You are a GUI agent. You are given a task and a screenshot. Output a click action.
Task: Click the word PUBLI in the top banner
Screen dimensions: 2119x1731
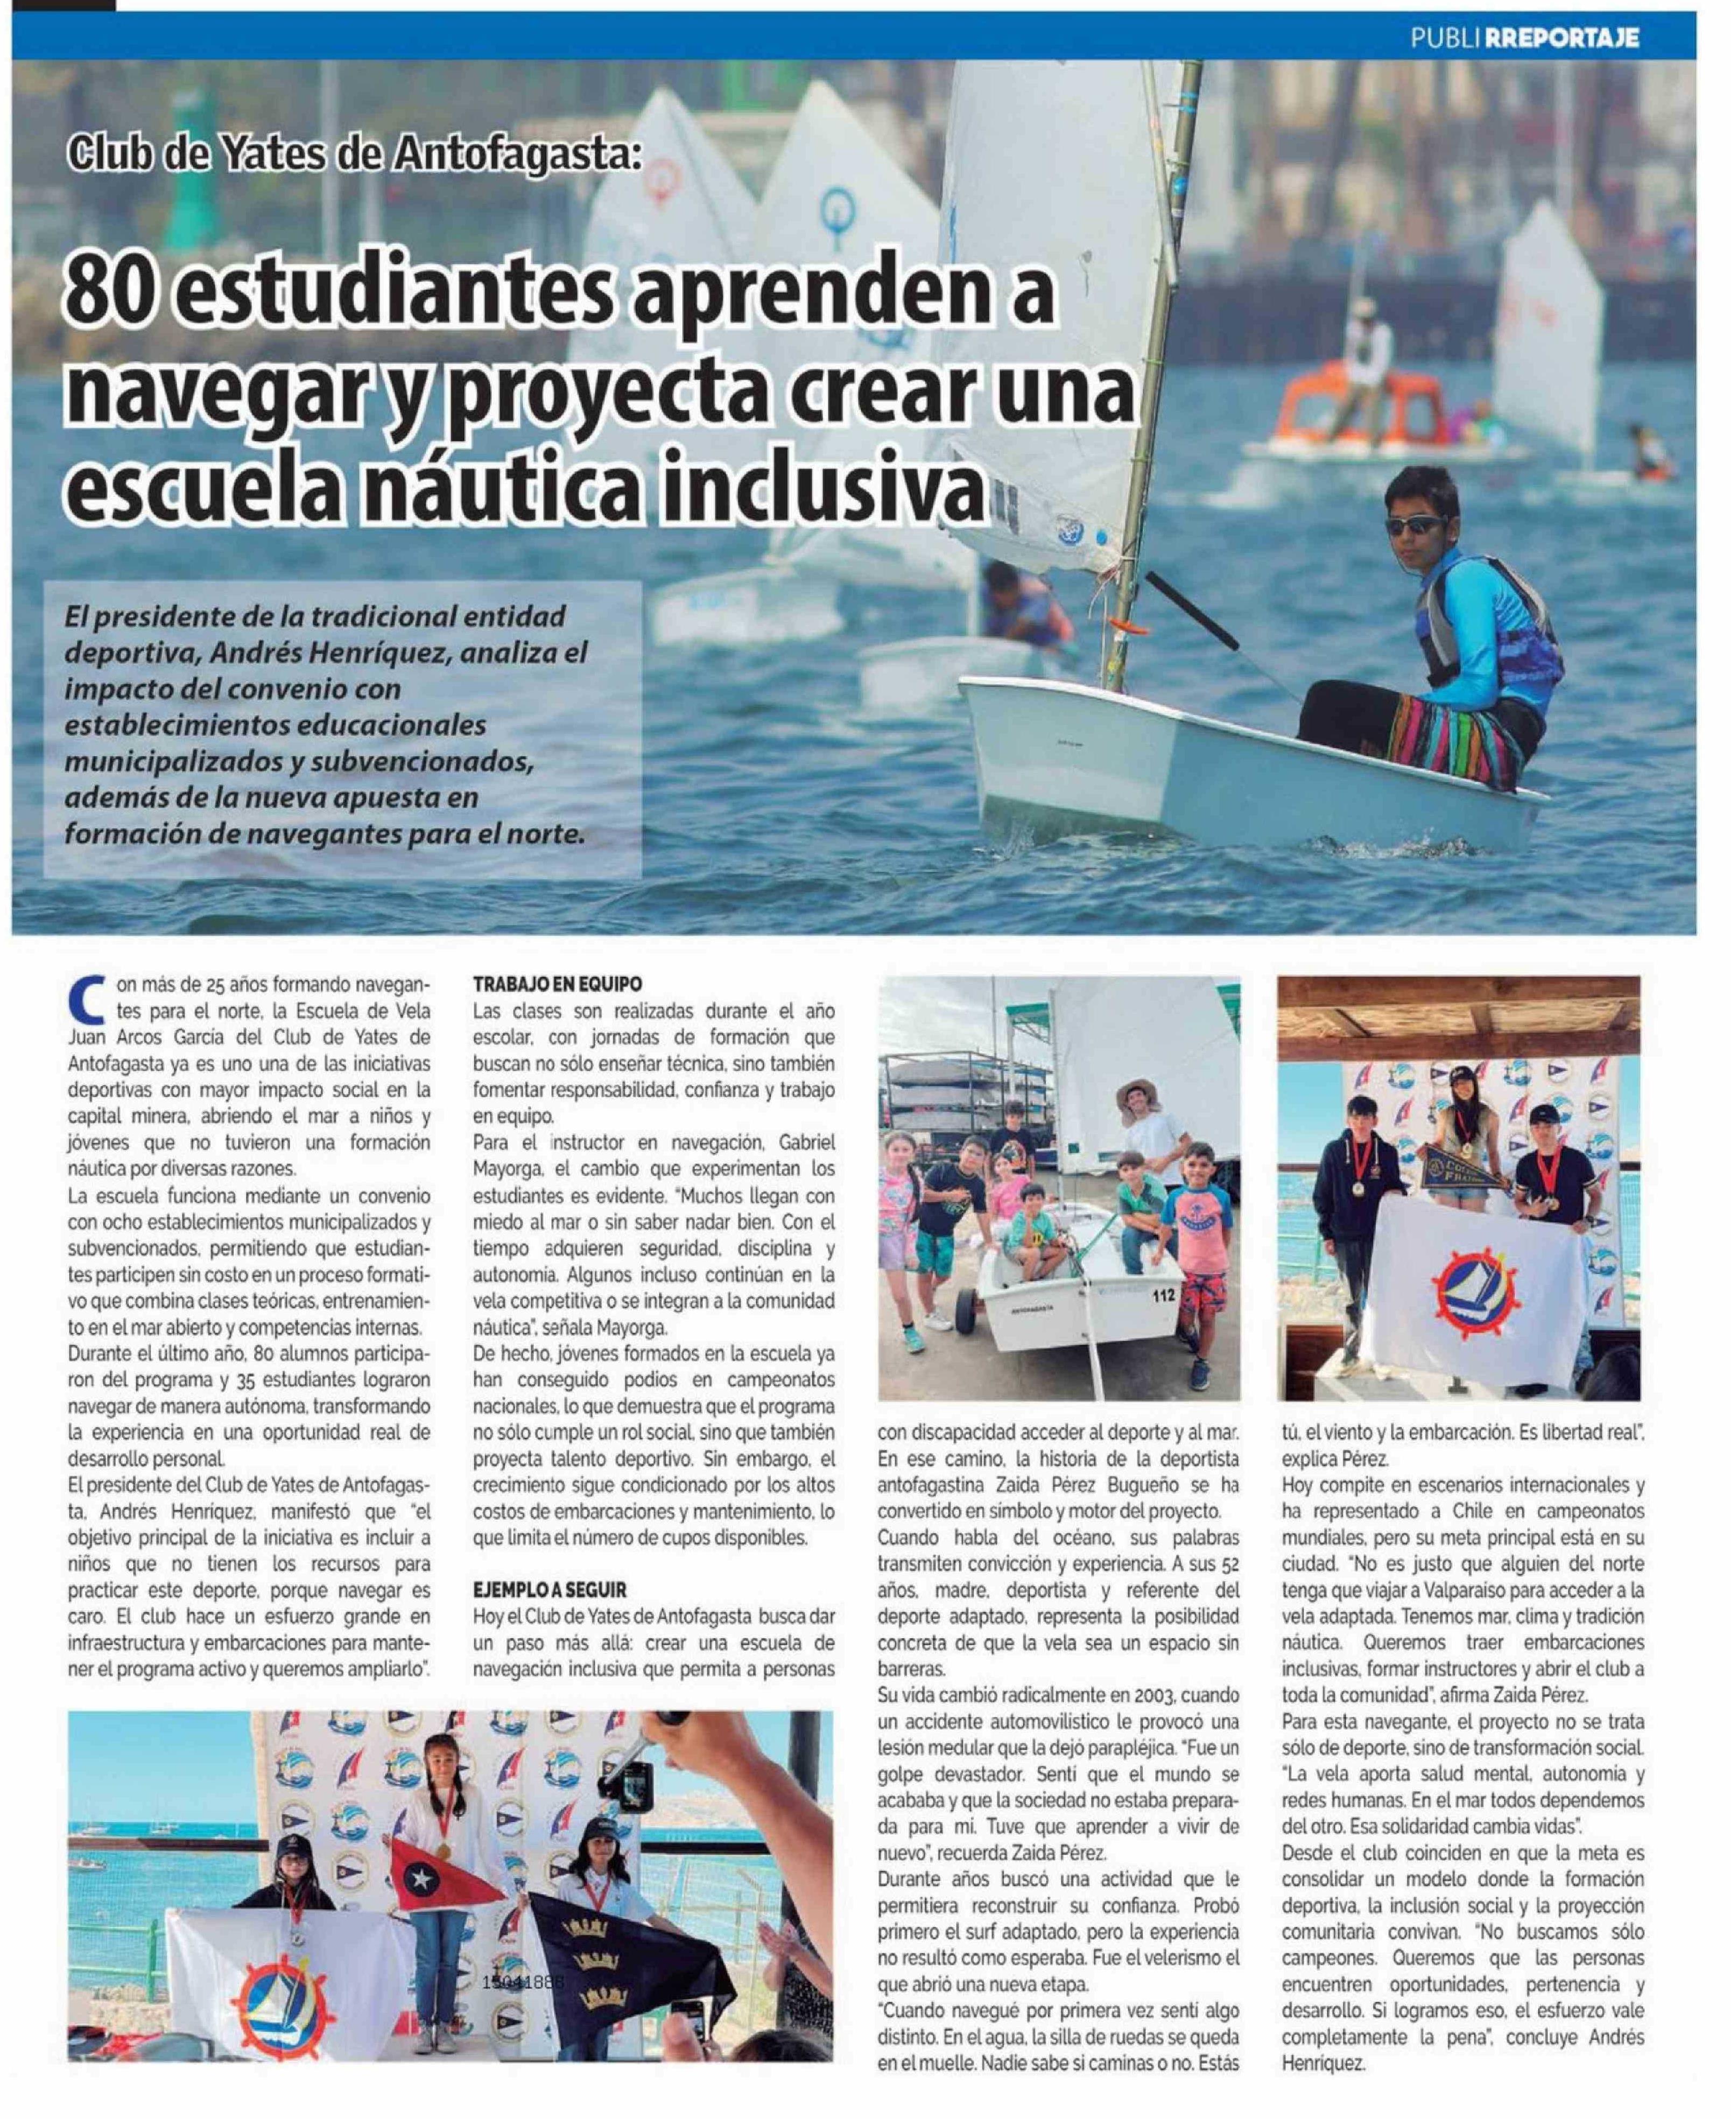(x=1443, y=38)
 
